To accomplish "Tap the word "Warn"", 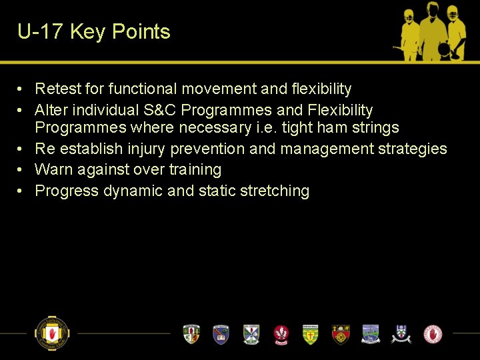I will pos(53,170).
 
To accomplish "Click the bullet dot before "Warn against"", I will pos(21,170).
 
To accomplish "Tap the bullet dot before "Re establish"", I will pos(21,149).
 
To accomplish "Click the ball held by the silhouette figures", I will pos(442,49).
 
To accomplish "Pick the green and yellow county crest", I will pos(311,334).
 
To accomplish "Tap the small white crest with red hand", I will pos(433,333).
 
